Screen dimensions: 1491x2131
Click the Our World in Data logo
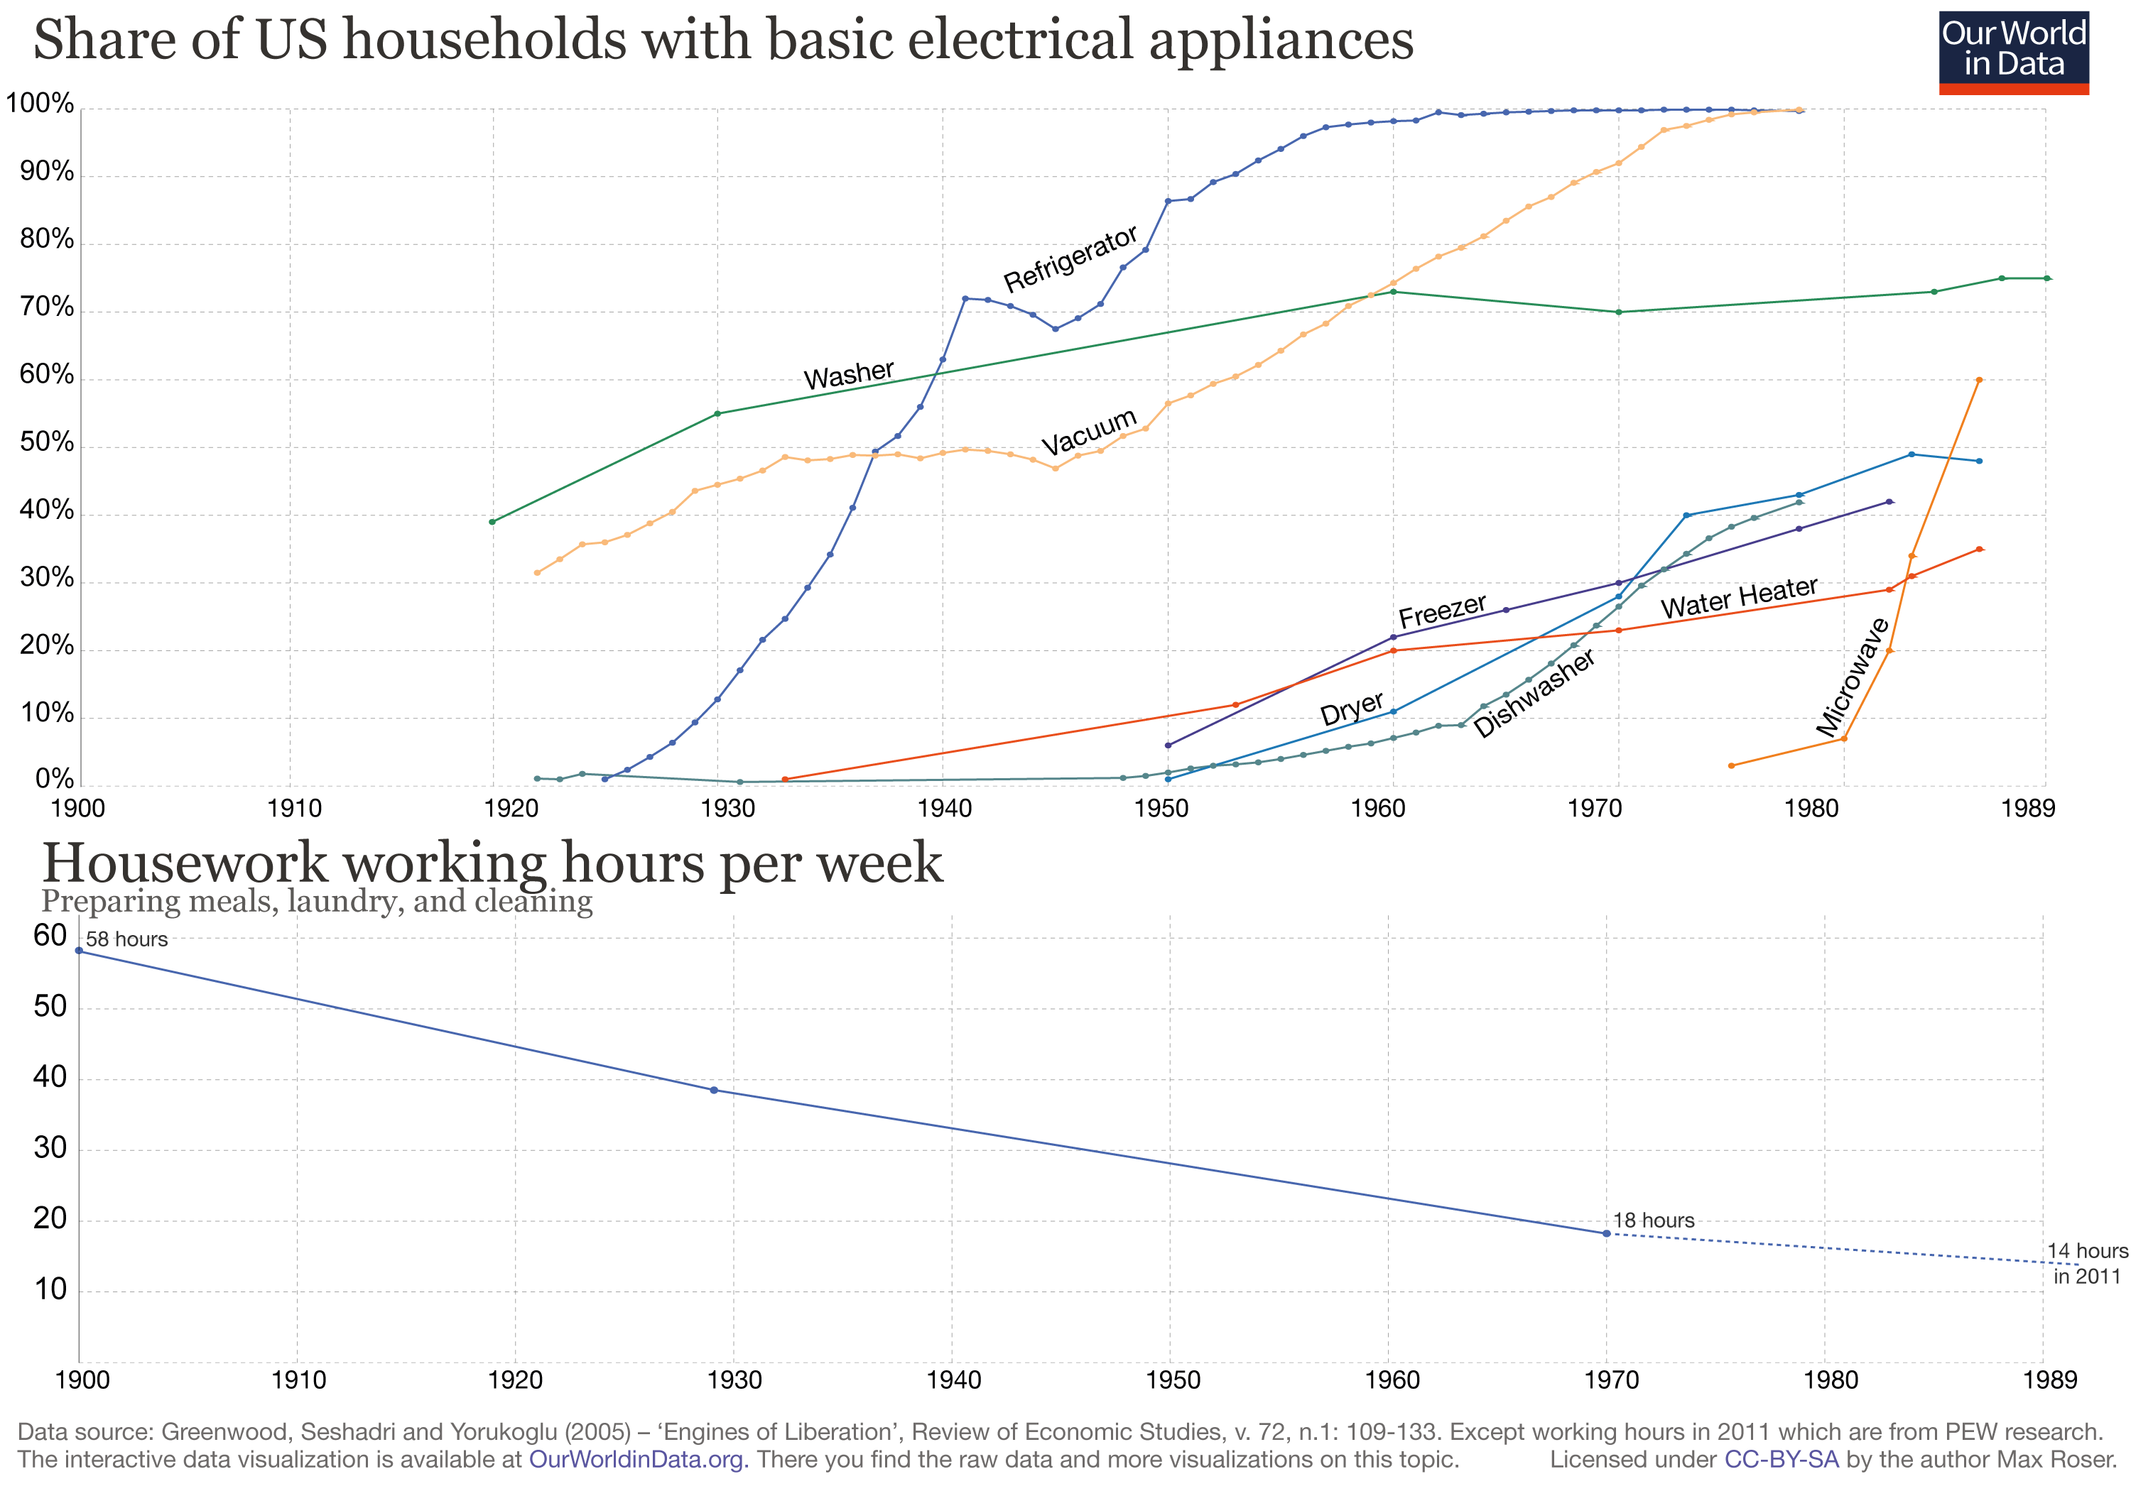pos(2013,52)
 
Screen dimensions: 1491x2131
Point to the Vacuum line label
pos(1089,432)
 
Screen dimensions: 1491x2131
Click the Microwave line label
pos(1853,677)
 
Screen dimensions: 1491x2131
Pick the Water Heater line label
pos(1738,598)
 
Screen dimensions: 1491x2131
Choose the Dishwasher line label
pos(1534,693)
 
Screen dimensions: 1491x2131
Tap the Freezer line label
pos(1441,611)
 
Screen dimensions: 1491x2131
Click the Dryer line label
pos(1351,708)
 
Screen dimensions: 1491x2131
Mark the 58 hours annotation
pos(126,939)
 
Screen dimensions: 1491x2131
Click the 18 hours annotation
pos(1653,1220)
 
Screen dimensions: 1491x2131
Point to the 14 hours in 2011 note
pos(2086,1263)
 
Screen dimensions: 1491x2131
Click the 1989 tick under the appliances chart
pos(2028,808)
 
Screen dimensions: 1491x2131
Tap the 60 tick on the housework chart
pos(50,935)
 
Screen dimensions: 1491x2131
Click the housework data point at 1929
pos(714,1089)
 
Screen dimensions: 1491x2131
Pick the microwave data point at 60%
pos(1979,379)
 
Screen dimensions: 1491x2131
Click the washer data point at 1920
pos(492,521)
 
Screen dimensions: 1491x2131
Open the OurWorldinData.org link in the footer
pos(636,1460)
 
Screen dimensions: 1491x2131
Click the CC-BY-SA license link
pos(1780,1460)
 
